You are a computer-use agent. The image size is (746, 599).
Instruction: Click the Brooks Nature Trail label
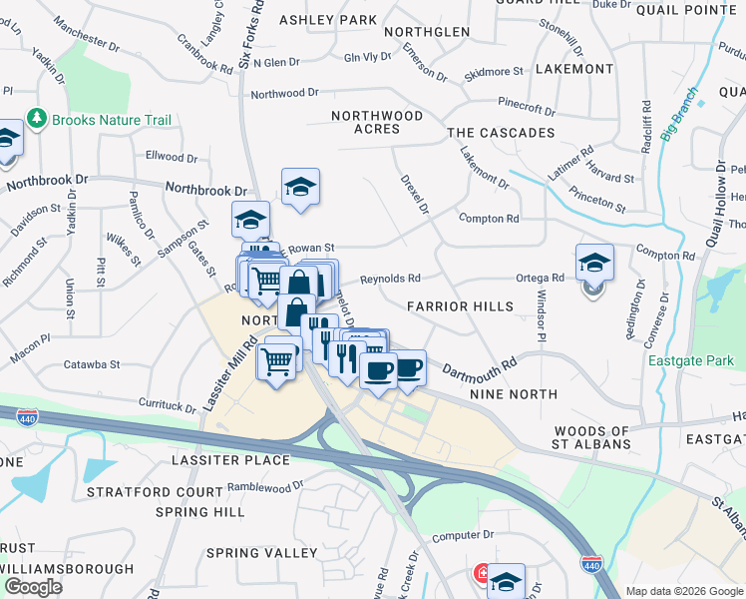pyautogui.click(x=112, y=120)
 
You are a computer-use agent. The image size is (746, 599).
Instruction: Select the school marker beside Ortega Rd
pyautogui.click(x=594, y=264)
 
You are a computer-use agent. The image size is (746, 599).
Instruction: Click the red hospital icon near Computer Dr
pyautogui.click(x=482, y=575)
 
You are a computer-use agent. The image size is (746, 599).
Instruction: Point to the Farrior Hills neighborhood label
pyautogui.click(x=460, y=306)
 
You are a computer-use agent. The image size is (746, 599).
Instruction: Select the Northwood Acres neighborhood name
pyautogui.click(x=377, y=122)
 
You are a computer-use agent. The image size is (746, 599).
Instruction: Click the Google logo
pyautogui.click(x=33, y=586)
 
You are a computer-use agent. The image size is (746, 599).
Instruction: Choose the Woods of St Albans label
pyautogui.click(x=592, y=438)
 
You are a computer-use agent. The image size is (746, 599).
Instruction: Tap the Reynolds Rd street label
pyautogui.click(x=390, y=279)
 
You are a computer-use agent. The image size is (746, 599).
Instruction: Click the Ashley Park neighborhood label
pyautogui.click(x=328, y=20)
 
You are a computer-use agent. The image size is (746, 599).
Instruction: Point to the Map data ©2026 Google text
pyautogui.click(x=683, y=591)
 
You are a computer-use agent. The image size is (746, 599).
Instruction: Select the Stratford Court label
pyautogui.click(x=155, y=492)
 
